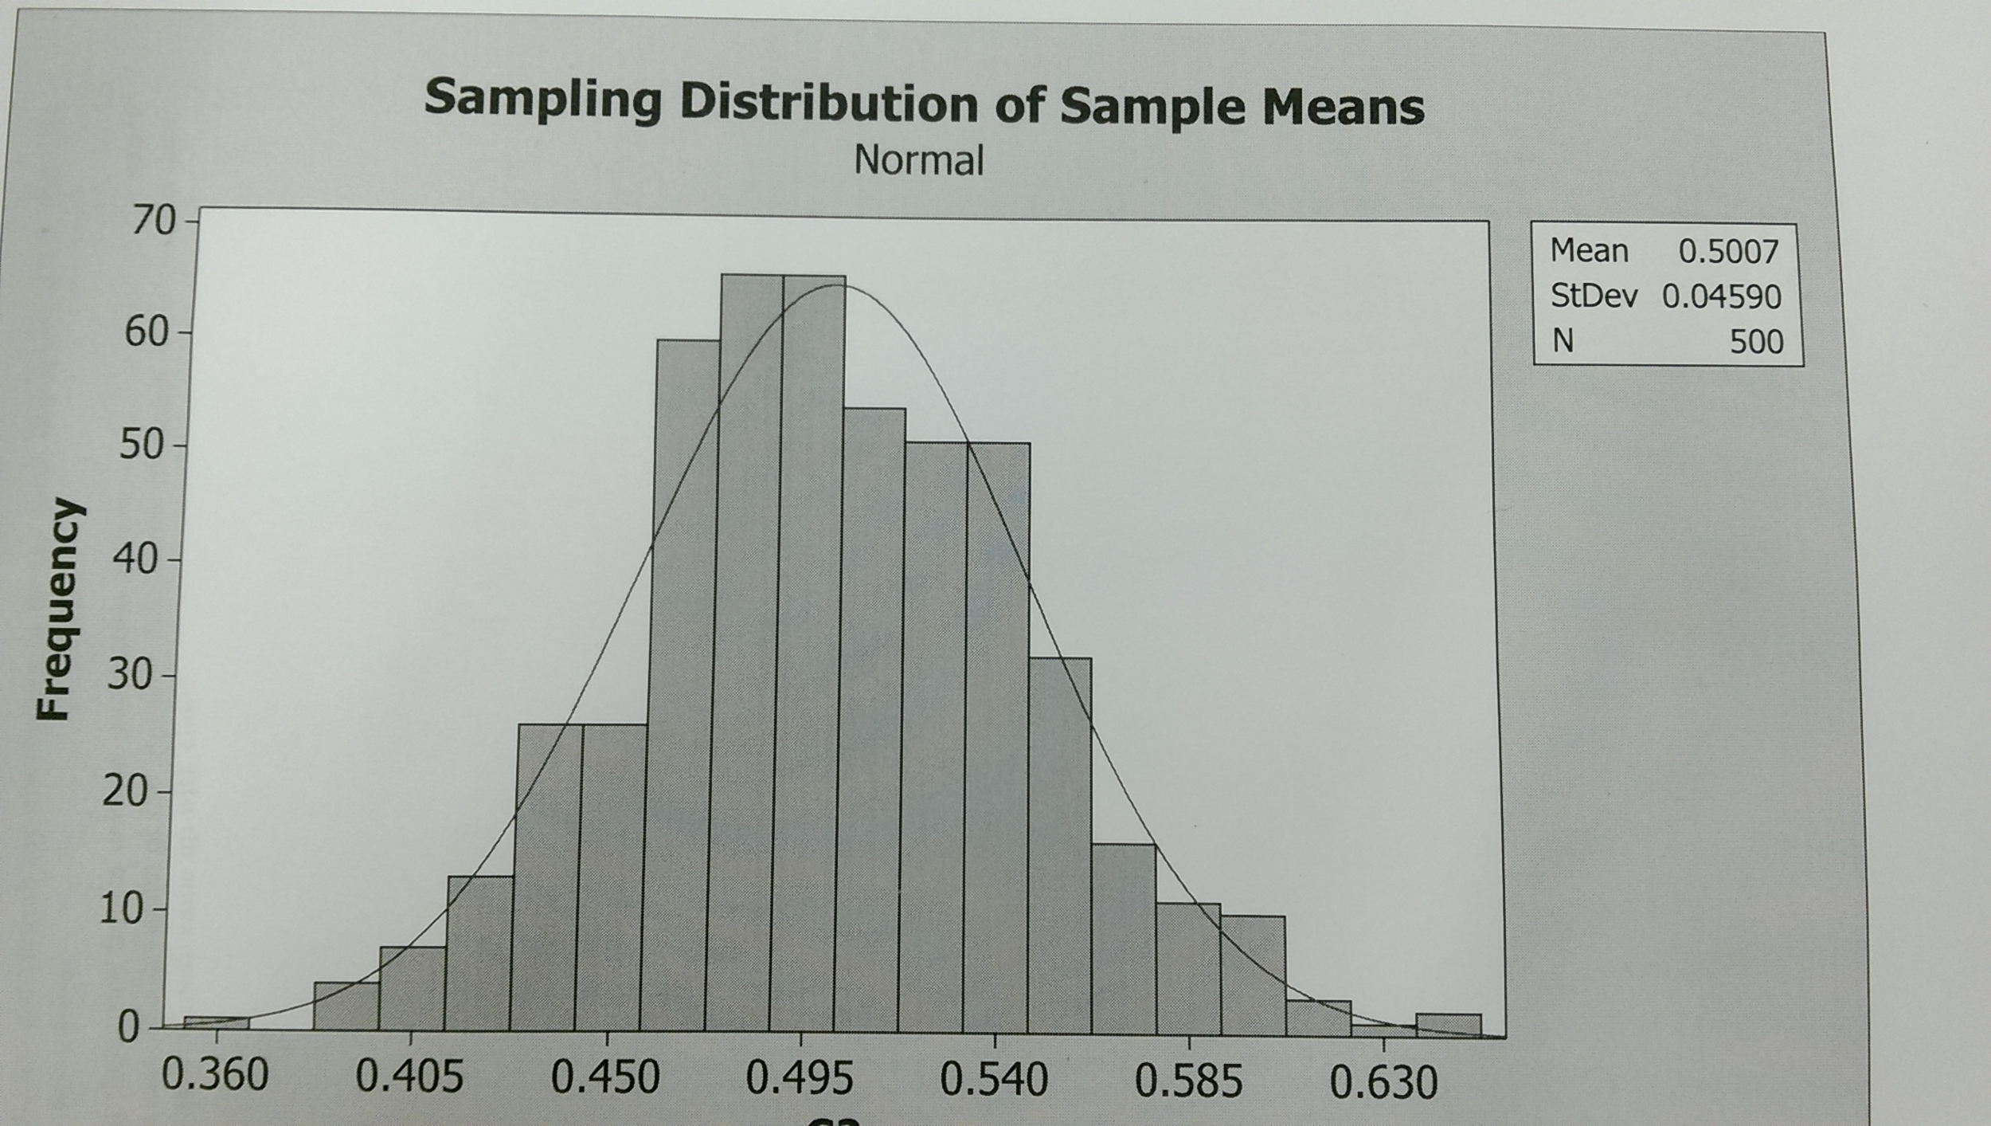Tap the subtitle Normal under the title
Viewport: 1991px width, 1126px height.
click(x=919, y=160)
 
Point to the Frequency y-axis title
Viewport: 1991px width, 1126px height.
click(x=61, y=609)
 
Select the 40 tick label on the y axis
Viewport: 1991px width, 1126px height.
click(x=136, y=560)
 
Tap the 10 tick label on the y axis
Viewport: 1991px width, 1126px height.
click(x=121, y=909)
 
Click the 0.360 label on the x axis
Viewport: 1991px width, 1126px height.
click(x=215, y=1076)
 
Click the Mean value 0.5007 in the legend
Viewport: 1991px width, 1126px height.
click(x=1728, y=252)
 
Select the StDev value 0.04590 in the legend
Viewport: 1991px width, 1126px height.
click(x=1721, y=296)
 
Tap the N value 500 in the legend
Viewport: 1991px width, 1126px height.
click(x=1756, y=342)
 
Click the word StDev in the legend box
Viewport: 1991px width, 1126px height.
click(x=1594, y=296)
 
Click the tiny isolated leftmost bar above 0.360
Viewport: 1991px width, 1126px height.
click(x=216, y=1022)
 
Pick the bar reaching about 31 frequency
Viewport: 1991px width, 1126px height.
click(x=1059, y=845)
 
